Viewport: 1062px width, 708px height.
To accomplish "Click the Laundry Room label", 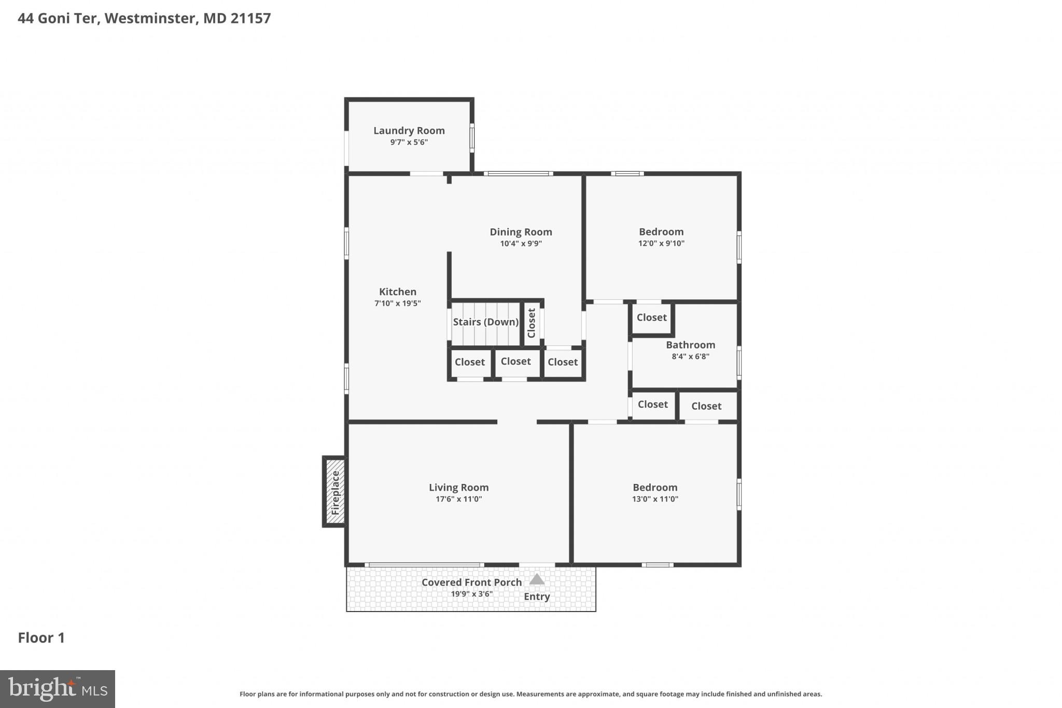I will coord(409,131).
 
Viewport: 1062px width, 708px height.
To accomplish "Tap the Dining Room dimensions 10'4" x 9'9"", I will coord(521,244).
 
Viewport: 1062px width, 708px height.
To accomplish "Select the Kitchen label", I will coord(397,291).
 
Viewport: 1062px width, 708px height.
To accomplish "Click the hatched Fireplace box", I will coord(335,492).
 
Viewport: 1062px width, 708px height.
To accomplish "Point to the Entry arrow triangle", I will coord(537,579).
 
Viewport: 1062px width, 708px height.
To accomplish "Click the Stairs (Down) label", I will coord(485,322).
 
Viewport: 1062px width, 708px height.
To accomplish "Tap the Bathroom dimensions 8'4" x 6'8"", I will coord(690,356).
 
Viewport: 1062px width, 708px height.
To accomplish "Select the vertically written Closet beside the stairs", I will coord(532,323).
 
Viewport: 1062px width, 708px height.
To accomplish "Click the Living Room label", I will coord(458,488).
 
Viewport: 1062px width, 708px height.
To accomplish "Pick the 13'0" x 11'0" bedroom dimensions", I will coord(655,499).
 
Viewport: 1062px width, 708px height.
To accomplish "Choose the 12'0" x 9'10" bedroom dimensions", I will coord(661,244).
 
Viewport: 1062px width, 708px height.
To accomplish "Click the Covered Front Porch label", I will coord(471,582).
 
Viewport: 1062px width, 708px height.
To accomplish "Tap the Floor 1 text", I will coord(41,637).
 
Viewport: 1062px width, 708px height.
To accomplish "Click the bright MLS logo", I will coord(58,689).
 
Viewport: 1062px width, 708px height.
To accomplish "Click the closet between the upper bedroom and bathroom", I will coord(651,317).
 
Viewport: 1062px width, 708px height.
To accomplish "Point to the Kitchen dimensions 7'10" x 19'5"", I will coord(397,303).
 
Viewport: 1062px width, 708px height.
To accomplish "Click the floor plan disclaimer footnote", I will coord(530,694).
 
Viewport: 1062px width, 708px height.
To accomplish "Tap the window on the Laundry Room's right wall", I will coord(472,137).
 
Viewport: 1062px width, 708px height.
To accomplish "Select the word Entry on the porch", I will coord(537,596).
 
